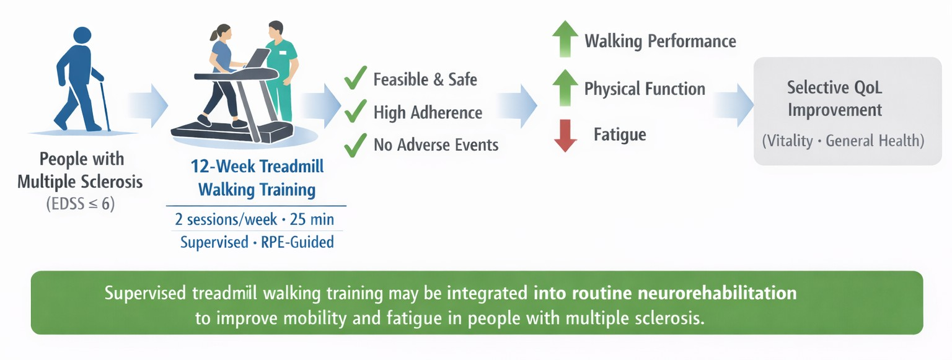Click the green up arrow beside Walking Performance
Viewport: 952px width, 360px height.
pyautogui.click(x=565, y=38)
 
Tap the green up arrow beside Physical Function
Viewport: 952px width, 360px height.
pyautogui.click(x=565, y=87)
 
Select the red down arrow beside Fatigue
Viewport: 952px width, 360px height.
pyautogui.click(x=565, y=136)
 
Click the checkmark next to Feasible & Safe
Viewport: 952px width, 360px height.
pyautogui.click(x=355, y=78)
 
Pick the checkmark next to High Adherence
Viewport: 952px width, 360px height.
pyautogui.click(x=355, y=111)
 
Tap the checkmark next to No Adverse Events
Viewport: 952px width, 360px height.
pyautogui.click(x=355, y=145)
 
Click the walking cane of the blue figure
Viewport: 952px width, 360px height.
pyautogui.click(x=105, y=106)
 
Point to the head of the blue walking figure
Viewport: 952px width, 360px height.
pyautogui.click(x=82, y=35)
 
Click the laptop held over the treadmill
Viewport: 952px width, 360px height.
pyautogui.click(x=258, y=58)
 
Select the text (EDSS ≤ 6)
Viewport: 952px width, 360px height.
pyautogui.click(x=81, y=204)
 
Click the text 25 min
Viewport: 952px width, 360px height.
pyautogui.click(x=312, y=219)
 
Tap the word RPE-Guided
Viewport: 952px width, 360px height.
pyautogui.click(x=297, y=242)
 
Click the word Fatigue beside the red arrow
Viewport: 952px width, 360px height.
pyautogui.click(x=620, y=134)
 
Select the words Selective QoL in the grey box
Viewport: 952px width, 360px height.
pyautogui.click(x=834, y=87)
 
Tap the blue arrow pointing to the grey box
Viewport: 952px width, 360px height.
pyautogui.click(x=734, y=105)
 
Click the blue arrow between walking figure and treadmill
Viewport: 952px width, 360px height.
pyautogui.click(x=148, y=105)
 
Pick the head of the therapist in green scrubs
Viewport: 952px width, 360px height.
pyautogui.click(x=276, y=30)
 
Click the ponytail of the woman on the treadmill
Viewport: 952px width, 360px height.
pyautogui.click(x=214, y=35)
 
